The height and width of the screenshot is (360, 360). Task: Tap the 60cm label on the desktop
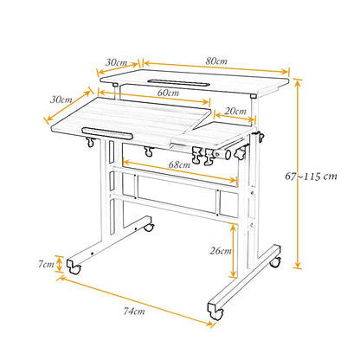[168, 93]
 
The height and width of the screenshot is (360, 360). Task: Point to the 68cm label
[179, 164]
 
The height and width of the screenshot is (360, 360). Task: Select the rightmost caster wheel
[274, 260]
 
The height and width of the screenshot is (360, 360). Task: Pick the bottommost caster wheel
[215, 307]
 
